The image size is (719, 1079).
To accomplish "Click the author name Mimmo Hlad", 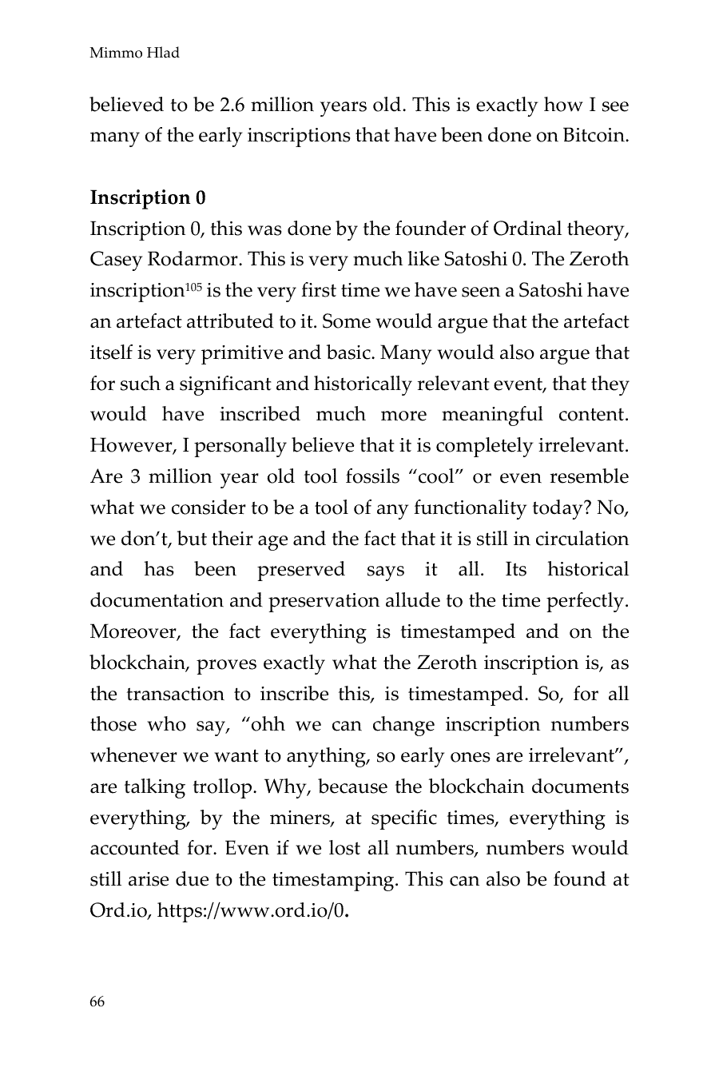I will [x=134, y=54].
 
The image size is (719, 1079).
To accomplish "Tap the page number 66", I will [x=97, y=1002].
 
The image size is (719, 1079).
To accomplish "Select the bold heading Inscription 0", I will [x=148, y=198].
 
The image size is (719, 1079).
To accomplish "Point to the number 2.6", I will [x=232, y=105].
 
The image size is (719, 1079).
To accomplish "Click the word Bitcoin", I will [x=594, y=136].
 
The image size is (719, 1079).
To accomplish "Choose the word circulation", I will [x=583, y=539].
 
